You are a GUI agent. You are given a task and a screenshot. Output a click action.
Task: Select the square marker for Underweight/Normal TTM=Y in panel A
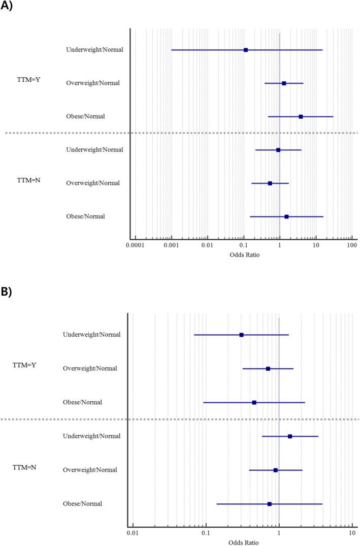(x=246, y=50)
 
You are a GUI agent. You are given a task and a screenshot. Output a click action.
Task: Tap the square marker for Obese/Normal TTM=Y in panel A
(x=301, y=116)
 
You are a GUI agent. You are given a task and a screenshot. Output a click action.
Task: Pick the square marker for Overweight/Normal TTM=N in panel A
(x=270, y=183)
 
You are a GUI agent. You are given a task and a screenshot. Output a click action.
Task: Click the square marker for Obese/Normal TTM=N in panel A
(x=286, y=216)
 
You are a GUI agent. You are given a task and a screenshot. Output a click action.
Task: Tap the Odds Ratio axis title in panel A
(x=244, y=254)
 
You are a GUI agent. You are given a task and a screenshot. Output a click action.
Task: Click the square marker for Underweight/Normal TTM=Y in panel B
(x=241, y=335)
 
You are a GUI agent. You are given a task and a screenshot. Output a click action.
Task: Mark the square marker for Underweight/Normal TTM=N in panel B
(x=290, y=436)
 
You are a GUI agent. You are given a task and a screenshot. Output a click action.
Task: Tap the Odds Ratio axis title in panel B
(x=243, y=542)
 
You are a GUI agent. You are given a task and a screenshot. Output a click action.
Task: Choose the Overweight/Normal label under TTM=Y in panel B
(x=90, y=368)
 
